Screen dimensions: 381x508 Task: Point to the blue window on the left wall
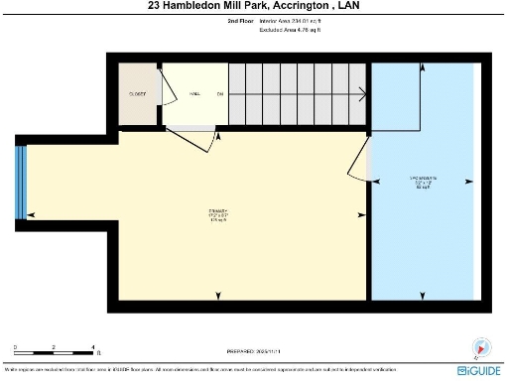point(20,183)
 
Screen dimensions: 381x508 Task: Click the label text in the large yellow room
point(218,214)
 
